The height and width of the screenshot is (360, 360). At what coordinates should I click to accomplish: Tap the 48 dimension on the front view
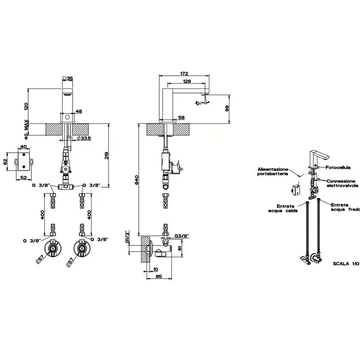(x=79, y=111)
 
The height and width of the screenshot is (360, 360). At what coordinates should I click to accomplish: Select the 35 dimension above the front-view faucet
(x=70, y=78)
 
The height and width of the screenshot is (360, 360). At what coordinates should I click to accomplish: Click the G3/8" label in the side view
(x=182, y=236)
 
